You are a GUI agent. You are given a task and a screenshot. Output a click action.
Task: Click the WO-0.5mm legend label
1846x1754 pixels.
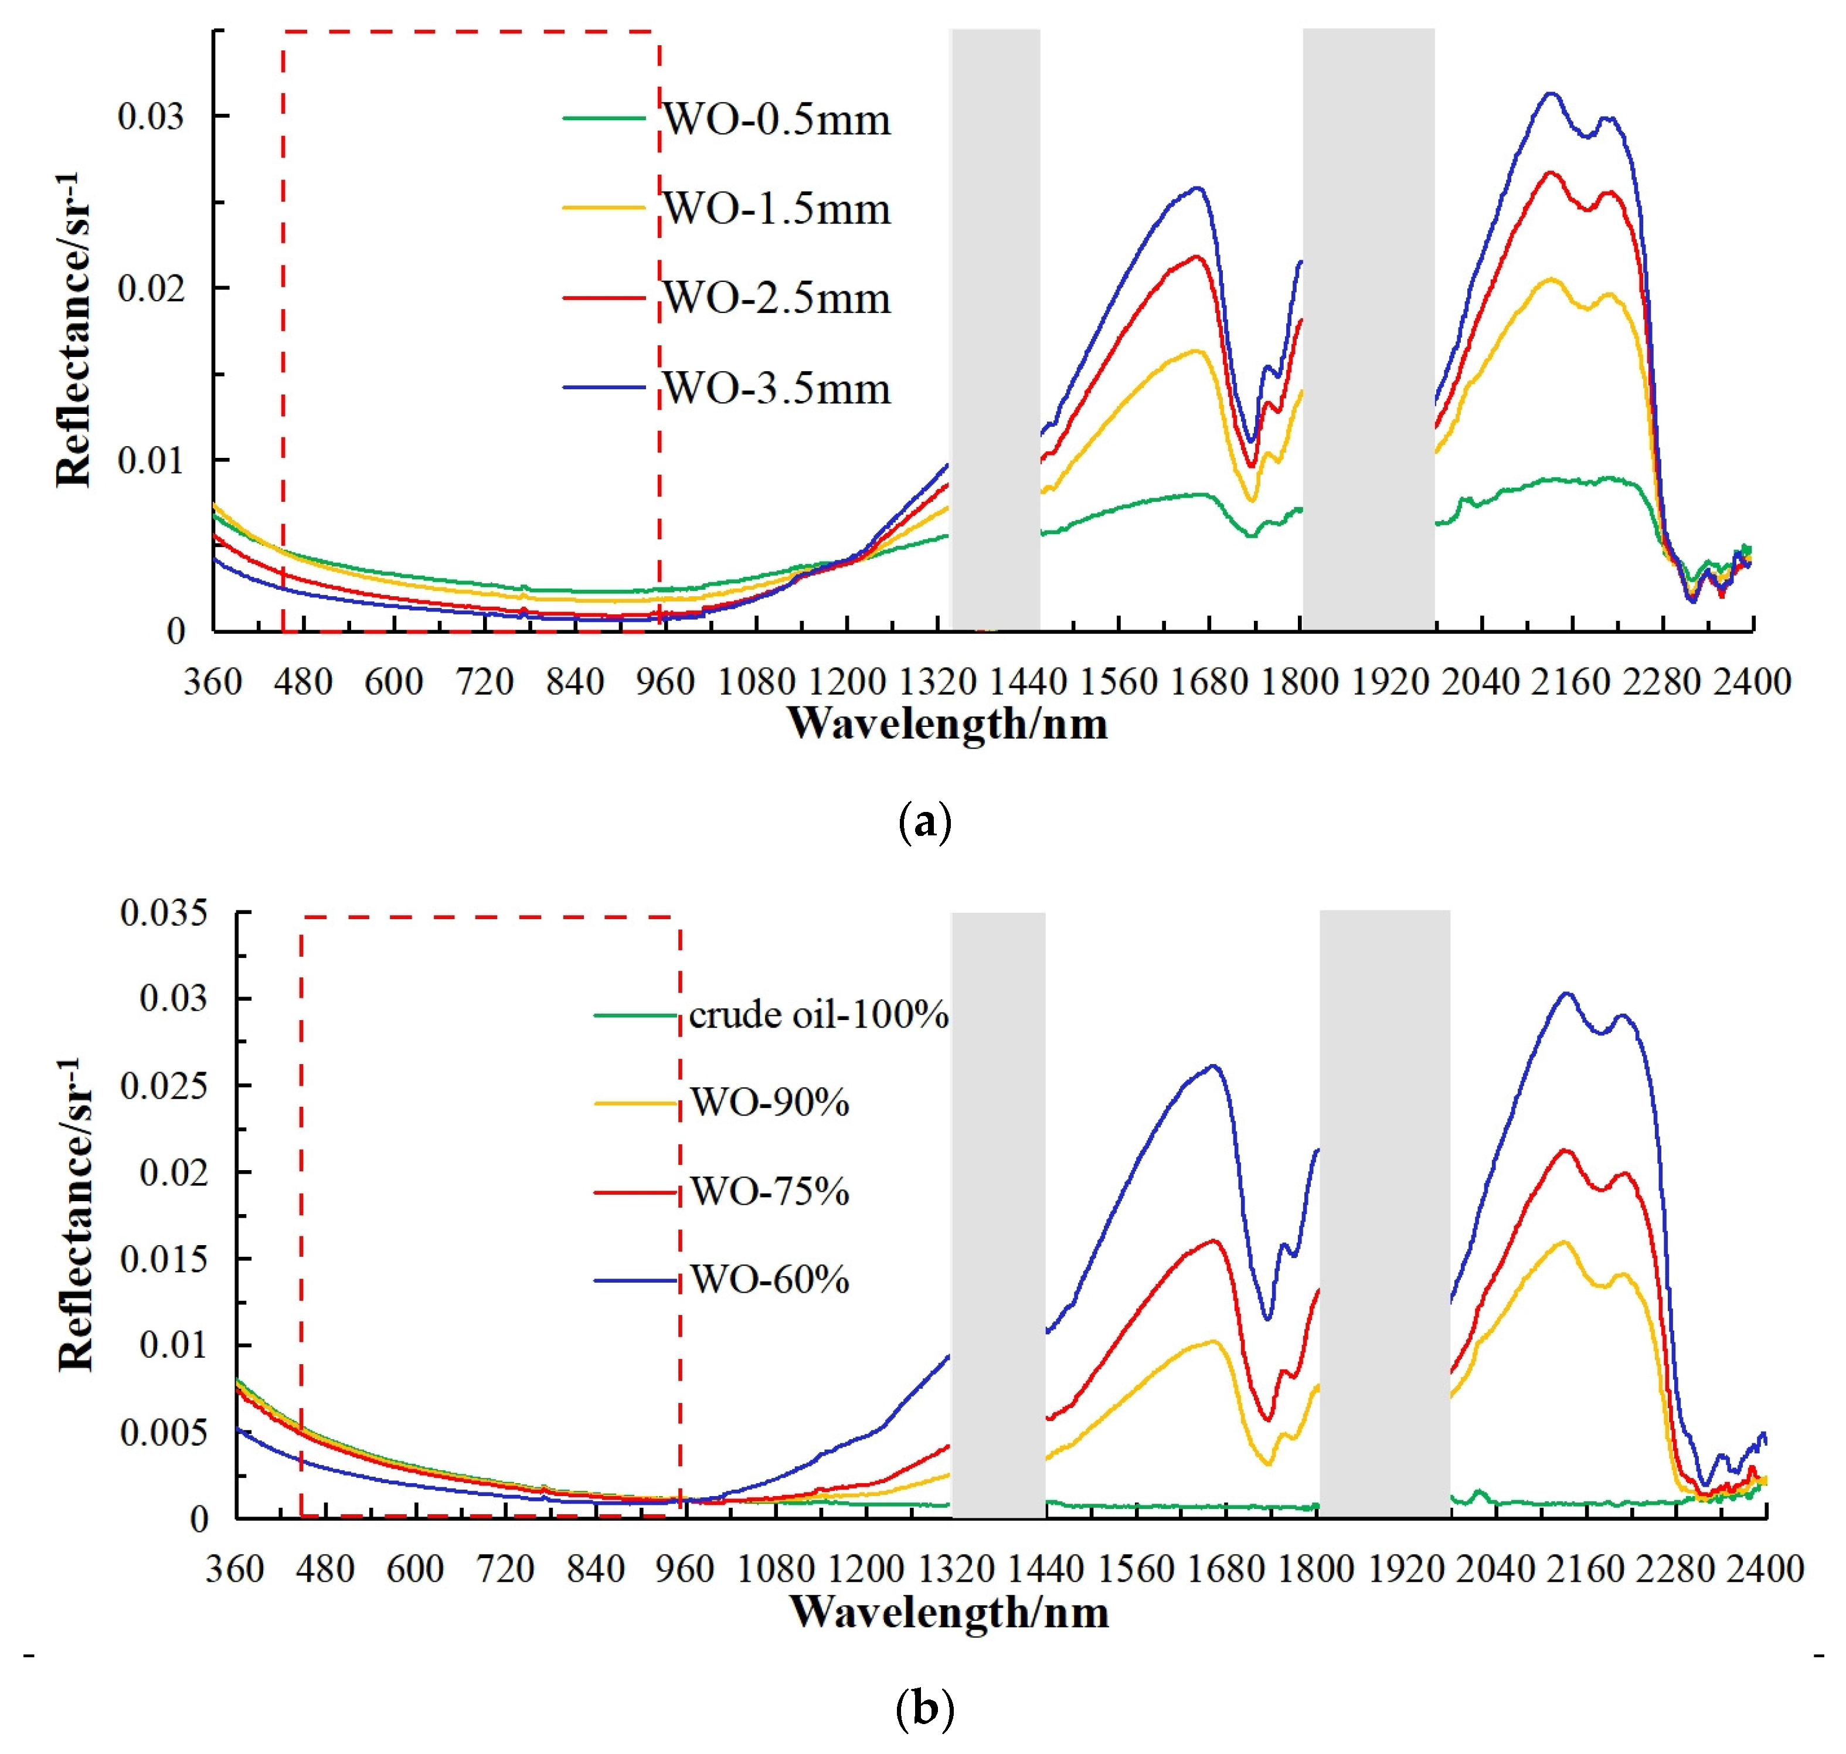[776, 120]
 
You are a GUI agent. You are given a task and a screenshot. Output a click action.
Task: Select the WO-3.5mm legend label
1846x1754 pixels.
[776, 388]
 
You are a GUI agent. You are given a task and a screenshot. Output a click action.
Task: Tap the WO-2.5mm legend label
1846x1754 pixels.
[776, 298]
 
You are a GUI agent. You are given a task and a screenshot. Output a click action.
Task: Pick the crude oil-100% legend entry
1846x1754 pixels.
[818, 1014]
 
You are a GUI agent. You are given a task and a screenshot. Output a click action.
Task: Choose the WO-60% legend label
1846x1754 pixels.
[769, 1279]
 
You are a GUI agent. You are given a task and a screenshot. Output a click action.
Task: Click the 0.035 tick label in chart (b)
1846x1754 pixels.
[164, 913]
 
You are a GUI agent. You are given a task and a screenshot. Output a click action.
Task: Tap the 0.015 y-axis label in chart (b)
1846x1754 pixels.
[164, 1259]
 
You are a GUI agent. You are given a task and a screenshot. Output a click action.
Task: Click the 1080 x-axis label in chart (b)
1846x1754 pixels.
[775, 1569]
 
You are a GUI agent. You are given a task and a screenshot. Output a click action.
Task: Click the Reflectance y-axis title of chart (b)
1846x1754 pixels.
[75, 1215]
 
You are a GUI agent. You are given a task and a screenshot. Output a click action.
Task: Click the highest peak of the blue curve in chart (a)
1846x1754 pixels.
[1551, 93]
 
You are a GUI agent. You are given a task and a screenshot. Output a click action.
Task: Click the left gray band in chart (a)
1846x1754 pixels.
[995, 327]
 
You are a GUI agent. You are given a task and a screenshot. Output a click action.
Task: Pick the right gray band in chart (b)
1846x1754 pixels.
[1384, 1215]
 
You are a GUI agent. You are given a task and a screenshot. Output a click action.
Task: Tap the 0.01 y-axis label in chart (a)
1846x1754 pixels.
[151, 460]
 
